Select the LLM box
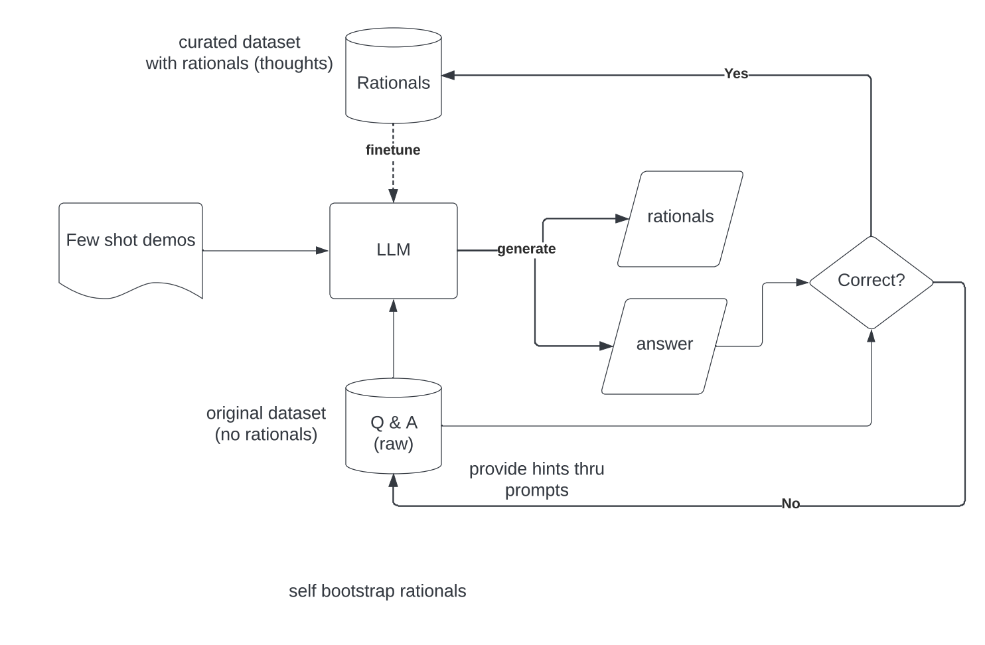[x=393, y=250]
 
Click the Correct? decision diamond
[x=871, y=281]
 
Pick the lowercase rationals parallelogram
[x=680, y=218]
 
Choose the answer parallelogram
[x=664, y=345]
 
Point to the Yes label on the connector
[x=735, y=74]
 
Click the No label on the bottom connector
[x=790, y=504]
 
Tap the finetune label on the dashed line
[x=392, y=150]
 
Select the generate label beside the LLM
[x=526, y=249]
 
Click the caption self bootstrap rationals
[x=377, y=591]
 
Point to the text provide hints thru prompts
[x=536, y=479]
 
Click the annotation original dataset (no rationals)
[x=265, y=423]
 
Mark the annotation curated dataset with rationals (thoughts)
[x=239, y=52]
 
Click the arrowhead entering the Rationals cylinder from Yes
[x=448, y=75]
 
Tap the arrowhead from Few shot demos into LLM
[x=323, y=250]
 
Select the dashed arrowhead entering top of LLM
[x=393, y=196]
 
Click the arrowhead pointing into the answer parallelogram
[x=606, y=346]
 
